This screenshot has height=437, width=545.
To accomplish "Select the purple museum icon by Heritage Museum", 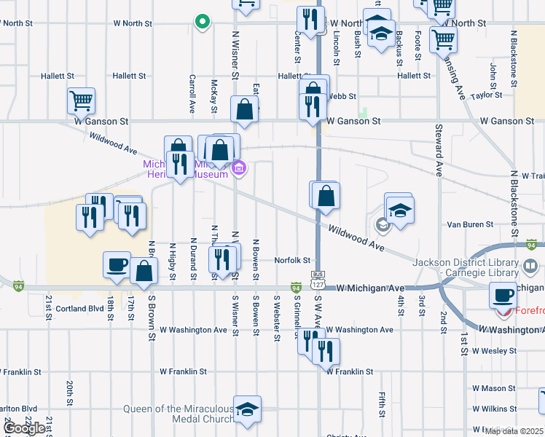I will (x=238, y=170).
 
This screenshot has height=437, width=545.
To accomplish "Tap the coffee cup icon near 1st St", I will (x=503, y=295).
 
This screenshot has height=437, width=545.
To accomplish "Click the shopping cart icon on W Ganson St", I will (x=81, y=101).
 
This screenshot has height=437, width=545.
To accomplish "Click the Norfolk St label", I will (x=293, y=260).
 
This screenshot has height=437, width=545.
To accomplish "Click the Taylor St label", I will (x=487, y=95).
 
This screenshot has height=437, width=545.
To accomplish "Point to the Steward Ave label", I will (x=439, y=151).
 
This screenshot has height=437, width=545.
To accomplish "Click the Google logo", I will (x=24, y=428).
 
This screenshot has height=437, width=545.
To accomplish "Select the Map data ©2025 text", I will (x=514, y=431).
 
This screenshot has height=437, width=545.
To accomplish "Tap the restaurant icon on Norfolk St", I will (x=222, y=259).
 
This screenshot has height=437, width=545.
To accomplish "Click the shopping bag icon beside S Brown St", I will (x=144, y=270).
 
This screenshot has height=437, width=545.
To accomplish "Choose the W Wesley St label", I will (x=494, y=350).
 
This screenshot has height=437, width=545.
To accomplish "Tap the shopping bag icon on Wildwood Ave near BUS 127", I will (x=326, y=196).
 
